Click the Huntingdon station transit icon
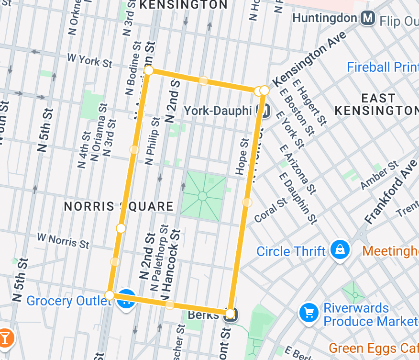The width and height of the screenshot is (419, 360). coord(368,18)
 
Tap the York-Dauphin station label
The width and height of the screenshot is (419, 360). coord(218,111)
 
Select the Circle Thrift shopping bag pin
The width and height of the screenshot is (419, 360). coord(340,249)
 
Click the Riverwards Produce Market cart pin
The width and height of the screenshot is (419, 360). coord(309,313)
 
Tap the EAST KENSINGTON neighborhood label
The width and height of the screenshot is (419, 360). coord(376,104)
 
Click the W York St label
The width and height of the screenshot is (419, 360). coord(89,60)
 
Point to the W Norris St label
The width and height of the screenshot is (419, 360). coord(63,240)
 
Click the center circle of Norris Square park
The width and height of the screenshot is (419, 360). coord(202,196)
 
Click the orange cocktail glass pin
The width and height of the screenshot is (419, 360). coord(5,338)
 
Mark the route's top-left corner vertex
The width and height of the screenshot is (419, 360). coord(149,70)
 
